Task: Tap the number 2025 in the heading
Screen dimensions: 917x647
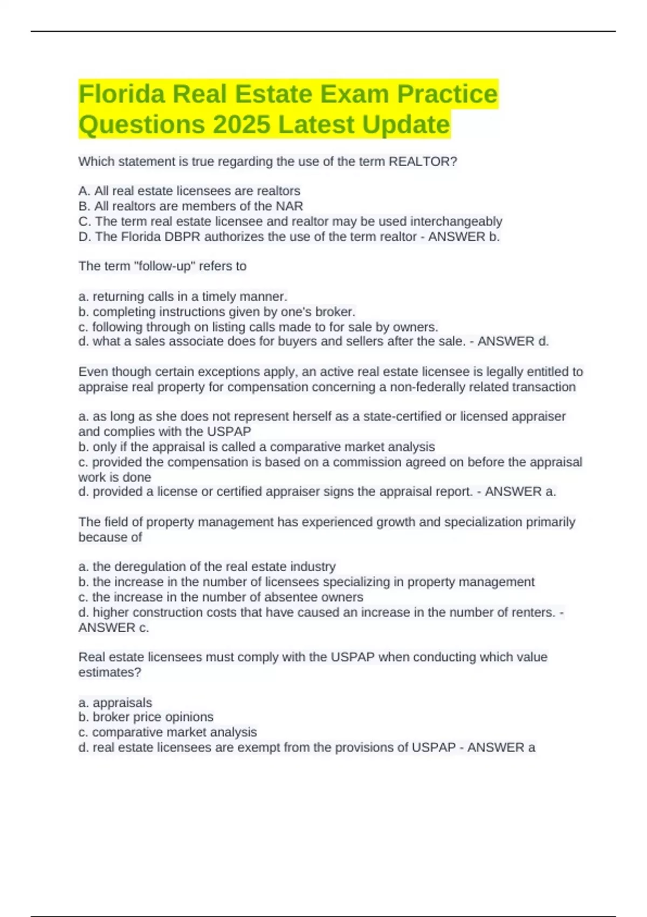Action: (x=241, y=125)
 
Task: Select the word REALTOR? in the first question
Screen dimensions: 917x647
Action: (x=423, y=162)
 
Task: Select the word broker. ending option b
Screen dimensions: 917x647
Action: (x=336, y=312)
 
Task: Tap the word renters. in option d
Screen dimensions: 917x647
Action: (x=530, y=613)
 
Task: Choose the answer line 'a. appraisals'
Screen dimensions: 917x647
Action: (x=115, y=703)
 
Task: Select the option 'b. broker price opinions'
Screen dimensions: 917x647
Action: (x=146, y=717)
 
